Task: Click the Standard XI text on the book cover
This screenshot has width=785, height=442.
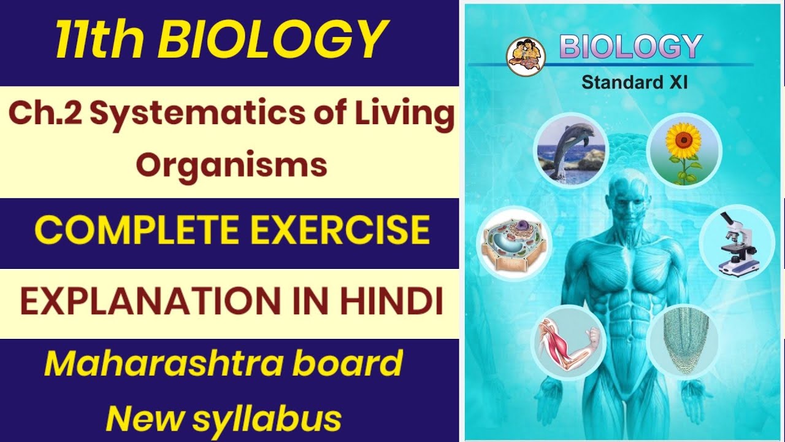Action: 635,82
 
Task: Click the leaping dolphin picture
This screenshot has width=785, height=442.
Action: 570,149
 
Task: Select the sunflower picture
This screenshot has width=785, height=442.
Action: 684,149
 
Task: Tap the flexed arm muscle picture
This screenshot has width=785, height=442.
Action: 567,341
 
